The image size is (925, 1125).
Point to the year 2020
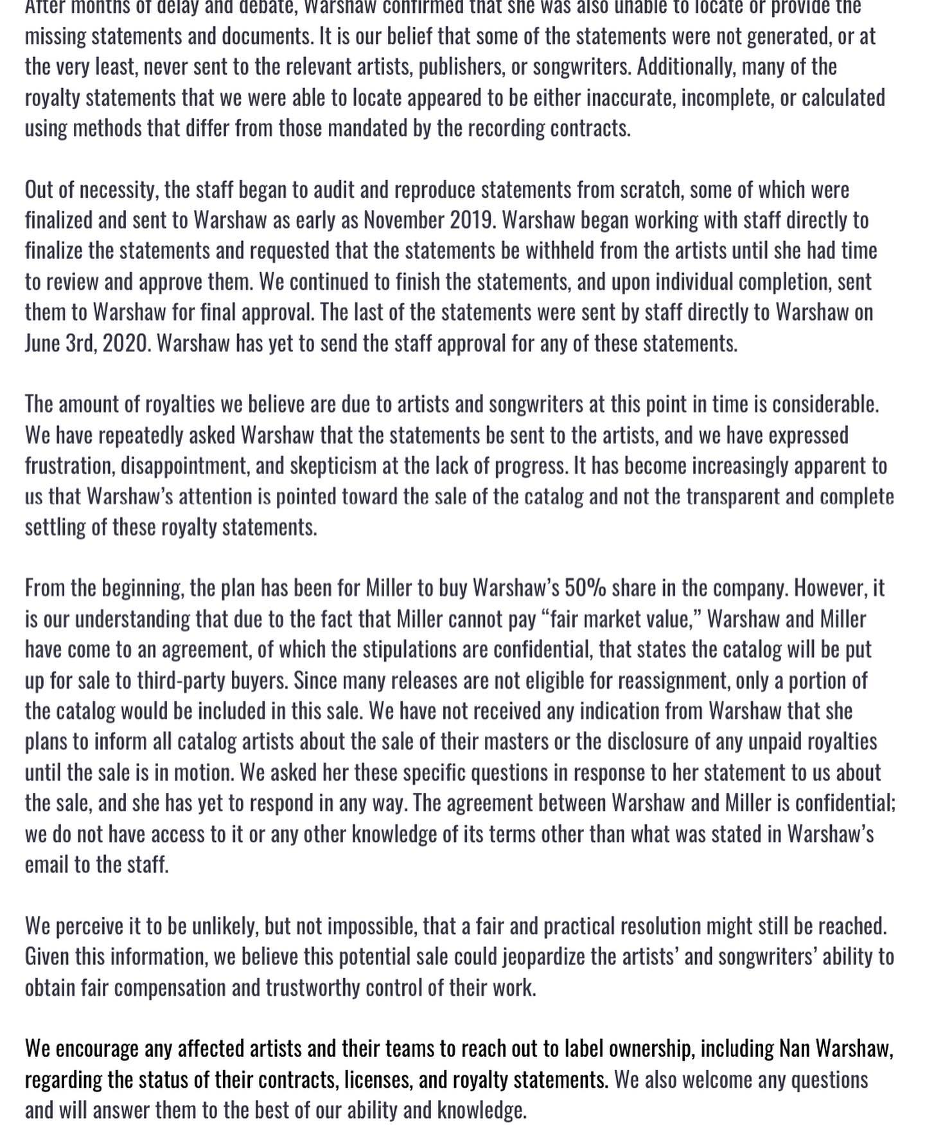[x=125, y=343]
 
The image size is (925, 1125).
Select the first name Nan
[x=794, y=1049]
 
